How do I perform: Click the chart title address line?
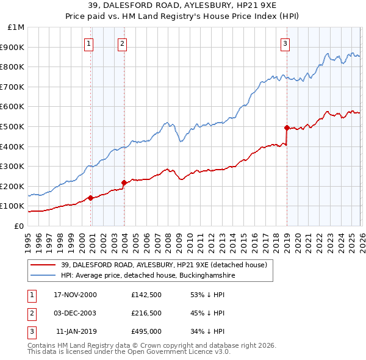(x=182, y=6)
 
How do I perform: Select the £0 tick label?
(x=19, y=226)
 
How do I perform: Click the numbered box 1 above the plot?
(x=89, y=43)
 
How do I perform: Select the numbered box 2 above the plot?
(x=123, y=43)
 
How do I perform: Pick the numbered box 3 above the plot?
(x=285, y=43)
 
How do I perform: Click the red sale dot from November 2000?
(x=91, y=198)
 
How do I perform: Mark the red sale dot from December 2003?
(x=124, y=182)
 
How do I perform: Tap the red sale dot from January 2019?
(x=287, y=128)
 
